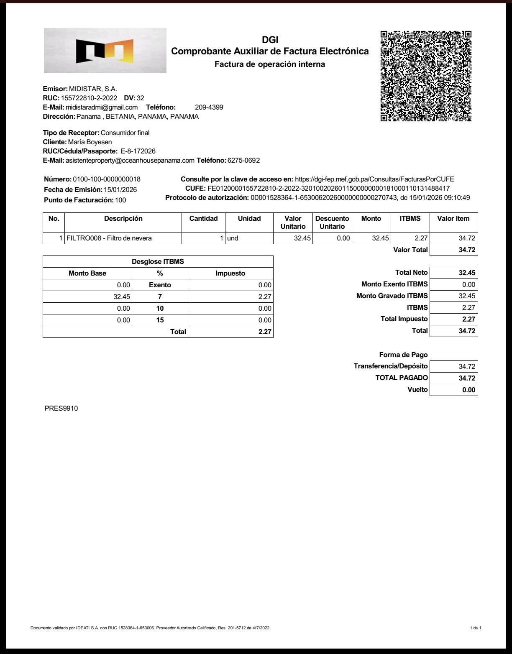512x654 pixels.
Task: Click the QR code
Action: pyautogui.click(x=426, y=76)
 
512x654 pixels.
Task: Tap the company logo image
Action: pyautogui.click(x=105, y=51)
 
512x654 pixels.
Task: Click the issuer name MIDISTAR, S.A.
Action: pyautogui.click(x=93, y=89)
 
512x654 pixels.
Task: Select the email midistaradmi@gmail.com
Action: pyautogui.click(x=102, y=107)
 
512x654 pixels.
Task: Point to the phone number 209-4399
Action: pyautogui.click(x=209, y=107)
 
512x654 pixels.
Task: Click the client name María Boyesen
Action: pyautogui.click(x=90, y=142)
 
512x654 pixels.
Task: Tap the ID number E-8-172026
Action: pyautogui.click(x=138, y=151)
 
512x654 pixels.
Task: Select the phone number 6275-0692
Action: pyautogui.click(x=243, y=160)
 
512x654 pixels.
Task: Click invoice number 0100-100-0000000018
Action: pyautogui.click(x=107, y=179)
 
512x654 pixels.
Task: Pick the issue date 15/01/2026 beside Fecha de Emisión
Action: pyautogui.click(x=120, y=189)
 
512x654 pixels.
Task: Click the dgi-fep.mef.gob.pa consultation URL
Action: pyautogui.click(x=374, y=179)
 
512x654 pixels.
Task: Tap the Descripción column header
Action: pyautogui.click(x=123, y=218)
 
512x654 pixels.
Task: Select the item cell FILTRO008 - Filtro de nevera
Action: pyautogui.click(x=109, y=238)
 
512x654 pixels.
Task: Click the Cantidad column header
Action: pyautogui.click(x=203, y=218)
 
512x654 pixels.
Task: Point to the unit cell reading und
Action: pyautogui.click(x=233, y=238)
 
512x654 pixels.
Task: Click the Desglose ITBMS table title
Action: pyautogui.click(x=158, y=262)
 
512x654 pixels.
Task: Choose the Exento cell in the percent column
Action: pyautogui.click(x=160, y=285)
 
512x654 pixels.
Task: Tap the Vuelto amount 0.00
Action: pyautogui.click(x=468, y=390)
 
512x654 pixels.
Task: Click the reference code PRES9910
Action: pyautogui.click(x=61, y=408)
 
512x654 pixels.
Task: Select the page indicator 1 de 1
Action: pyautogui.click(x=476, y=628)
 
